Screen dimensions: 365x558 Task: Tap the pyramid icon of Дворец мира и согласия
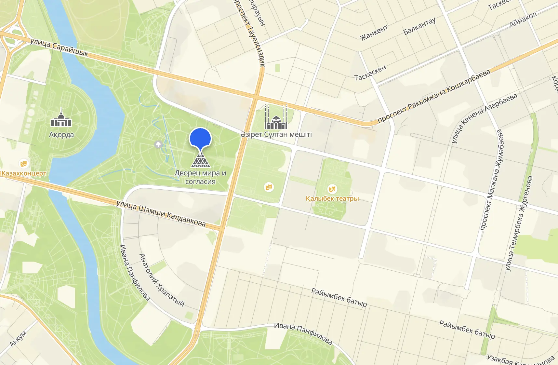point(200,160)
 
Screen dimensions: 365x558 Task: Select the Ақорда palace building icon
point(61,119)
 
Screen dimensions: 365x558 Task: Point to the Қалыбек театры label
point(332,198)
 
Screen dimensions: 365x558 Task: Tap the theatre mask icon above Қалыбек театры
point(332,189)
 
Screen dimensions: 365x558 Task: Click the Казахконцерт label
point(24,173)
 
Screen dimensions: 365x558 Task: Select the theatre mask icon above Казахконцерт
point(23,163)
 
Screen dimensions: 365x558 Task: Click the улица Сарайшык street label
point(59,47)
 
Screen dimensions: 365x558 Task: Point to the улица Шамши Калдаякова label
point(161,213)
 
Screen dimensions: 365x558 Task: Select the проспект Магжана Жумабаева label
point(492,180)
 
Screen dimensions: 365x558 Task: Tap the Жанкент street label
point(374,33)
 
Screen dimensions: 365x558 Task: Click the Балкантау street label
point(419,26)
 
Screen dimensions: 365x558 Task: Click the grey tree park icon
point(159,144)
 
